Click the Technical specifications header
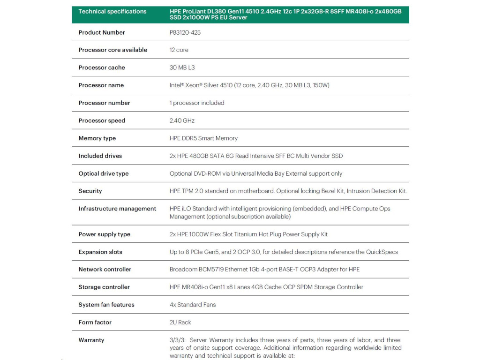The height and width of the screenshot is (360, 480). pyautogui.click(x=112, y=11)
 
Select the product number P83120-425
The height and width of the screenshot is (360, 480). pyautogui.click(x=185, y=32)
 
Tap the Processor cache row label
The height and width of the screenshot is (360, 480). pyautogui.click(x=102, y=67)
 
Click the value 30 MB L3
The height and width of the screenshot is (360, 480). pyautogui.click(x=182, y=67)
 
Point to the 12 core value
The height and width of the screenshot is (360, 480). pyautogui.click(x=179, y=50)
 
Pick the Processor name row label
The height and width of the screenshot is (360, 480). pyautogui.click(x=101, y=85)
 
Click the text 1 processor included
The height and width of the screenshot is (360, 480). pyautogui.click(x=197, y=103)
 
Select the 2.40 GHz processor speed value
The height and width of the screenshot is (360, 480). pyautogui.click(x=182, y=120)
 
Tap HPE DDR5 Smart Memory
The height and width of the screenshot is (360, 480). pyautogui.click(x=203, y=138)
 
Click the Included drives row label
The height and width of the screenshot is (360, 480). pyautogui.click(x=100, y=156)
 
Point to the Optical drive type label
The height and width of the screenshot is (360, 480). pyautogui.click(x=104, y=173)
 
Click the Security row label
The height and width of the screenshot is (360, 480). pyautogui.click(x=90, y=191)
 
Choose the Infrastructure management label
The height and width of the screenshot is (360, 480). pyautogui.click(x=117, y=209)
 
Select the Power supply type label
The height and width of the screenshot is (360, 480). pyautogui.click(x=105, y=234)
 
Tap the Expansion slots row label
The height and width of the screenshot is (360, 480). pyautogui.click(x=100, y=252)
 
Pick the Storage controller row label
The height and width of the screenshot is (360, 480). pyautogui.click(x=104, y=287)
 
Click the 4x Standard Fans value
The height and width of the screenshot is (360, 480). pyautogui.click(x=193, y=305)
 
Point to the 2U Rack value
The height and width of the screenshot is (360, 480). pyautogui.click(x=180, y=322)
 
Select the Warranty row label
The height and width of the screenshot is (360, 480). pyautogui.click(x=91, y=340)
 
